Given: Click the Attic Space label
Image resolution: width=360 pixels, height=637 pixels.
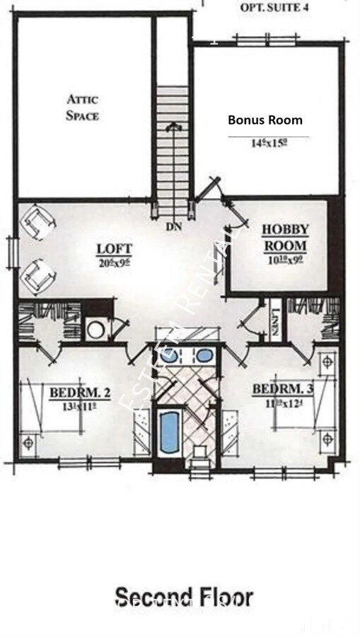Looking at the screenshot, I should [x=83, y=107].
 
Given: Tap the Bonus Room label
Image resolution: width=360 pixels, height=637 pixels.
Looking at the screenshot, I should [x=265, y=120].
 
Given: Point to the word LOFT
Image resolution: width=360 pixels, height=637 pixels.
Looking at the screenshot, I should [x=114, y=248].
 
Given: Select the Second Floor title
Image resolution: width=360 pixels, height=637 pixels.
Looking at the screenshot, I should [x=183, y=597].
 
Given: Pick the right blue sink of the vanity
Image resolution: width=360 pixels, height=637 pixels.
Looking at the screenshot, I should [x=204, y=356].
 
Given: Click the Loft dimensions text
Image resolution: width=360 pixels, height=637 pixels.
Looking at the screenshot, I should [x=115, y=263].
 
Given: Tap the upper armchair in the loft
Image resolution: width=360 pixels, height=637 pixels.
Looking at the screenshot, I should [x=37, y=224].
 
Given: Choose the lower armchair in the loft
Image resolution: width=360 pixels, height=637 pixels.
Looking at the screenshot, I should [x=36, y=275].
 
